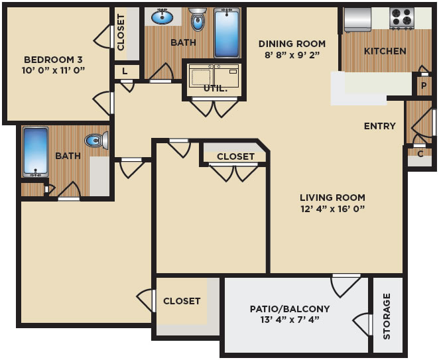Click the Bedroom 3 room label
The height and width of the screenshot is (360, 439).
(x=53, y=60)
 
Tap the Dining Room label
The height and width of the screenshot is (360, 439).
(x=292, y=44)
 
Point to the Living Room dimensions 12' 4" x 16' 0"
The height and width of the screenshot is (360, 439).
(x=333, y=209)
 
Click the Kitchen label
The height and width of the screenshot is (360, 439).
(x=385, y=51)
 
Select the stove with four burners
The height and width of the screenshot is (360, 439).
(x=402, y=18)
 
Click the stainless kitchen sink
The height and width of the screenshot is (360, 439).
(x=357, y=20)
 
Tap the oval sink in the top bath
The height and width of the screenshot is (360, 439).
(x=162, y=17)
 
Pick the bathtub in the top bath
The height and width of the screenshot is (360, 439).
(x=227, y=33)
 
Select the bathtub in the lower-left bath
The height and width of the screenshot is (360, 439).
(x=36, y=152)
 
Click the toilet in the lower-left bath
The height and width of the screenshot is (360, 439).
(x=96, y=141)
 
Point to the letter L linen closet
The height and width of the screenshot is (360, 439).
(x=125, y=72)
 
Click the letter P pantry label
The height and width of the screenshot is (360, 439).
(x=424, y=86)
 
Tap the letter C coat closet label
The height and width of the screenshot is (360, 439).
(x=420, y=154)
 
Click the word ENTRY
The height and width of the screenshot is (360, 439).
(x=379, y=126)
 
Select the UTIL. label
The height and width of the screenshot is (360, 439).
(x=216, y=89)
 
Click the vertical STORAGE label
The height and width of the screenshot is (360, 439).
(x=387, y=316)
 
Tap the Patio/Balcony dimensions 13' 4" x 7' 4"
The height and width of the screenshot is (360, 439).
(x=290, y=320)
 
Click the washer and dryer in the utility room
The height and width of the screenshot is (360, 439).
(x=214, y=75)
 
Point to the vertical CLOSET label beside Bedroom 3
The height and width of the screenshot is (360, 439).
(x=121, y=32)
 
